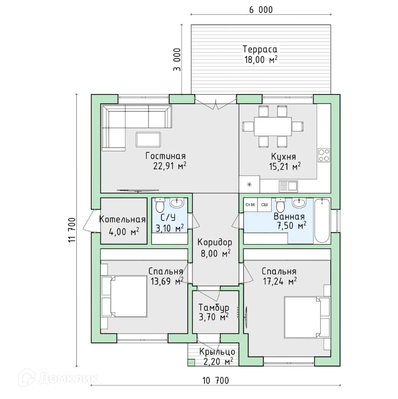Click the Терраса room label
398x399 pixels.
(x=260, y=49)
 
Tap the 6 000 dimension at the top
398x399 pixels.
(x=261, y=10)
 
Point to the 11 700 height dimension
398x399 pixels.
(x=72, y=230)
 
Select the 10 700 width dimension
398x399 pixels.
(x=216, y=381)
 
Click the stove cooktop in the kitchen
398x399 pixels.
(x=324, y=155)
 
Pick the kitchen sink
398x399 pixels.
(x=288, y=186)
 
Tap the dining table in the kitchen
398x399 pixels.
(x=273, y=127)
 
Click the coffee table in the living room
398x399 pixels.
(x=149, y=139)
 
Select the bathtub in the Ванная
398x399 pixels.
(x=322, y=220)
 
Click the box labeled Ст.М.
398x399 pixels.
(x=250, y=205)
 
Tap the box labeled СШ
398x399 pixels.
(x=264, y=205)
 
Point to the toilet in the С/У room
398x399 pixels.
(x=160, y=205)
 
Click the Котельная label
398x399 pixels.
(x=122, y=220)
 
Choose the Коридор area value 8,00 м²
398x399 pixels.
(x=216, y=253)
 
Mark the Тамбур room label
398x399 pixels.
(x=214, y=308)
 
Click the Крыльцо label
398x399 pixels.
(x=217, y=352)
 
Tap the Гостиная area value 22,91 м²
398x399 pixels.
(x=170, y=165)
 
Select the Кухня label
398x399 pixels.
(x=283, y=156)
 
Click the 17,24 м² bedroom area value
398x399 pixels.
(x=280, y=281)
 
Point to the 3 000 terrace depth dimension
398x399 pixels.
(x=177, y=59)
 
